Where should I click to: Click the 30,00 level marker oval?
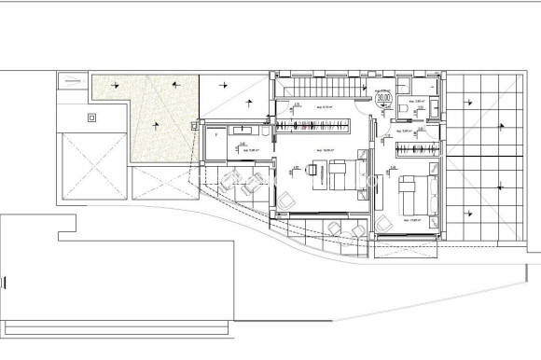pyautogui.click(x=383, y=95)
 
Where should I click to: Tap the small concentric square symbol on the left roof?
pyautogui.click(x=91, y=117)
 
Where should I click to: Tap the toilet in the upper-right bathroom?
pyautogui.click(x=400, y=110)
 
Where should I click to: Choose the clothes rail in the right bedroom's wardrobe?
pyautogui.click(x=415, y=149)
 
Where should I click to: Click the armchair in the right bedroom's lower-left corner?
pyautogui.click(x=383, y=221)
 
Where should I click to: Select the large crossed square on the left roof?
pyautogui.click(x=91, y=166)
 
